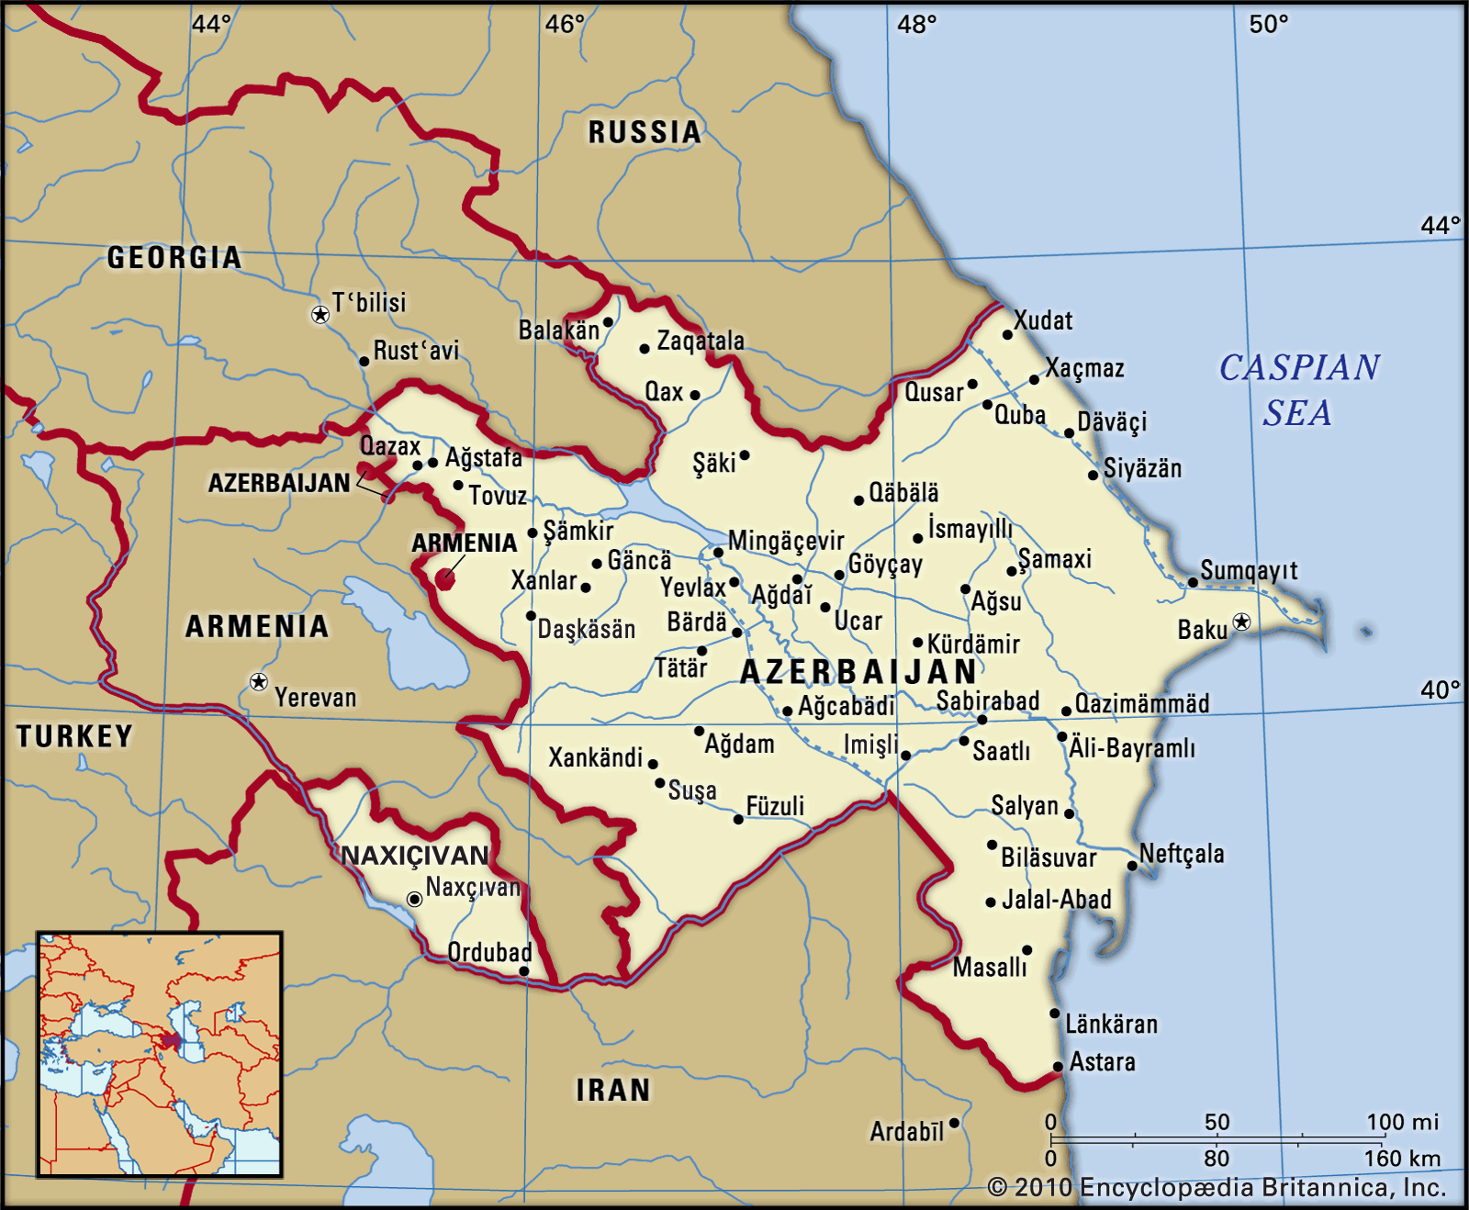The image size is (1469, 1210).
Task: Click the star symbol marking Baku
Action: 1241,622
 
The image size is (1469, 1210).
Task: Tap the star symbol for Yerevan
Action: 259,681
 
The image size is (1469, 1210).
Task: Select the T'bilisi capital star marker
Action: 320,315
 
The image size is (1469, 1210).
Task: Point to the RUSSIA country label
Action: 645,132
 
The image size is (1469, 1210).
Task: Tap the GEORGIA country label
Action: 174,258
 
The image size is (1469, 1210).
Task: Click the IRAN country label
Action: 613,1090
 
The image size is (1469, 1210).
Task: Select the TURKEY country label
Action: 74,736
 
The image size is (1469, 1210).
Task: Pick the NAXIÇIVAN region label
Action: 415,856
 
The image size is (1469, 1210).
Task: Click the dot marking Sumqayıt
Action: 1193,582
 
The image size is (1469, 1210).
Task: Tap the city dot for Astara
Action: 1058,1067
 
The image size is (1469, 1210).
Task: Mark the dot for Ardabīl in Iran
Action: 954,1123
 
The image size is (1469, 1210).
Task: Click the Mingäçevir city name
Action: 786,541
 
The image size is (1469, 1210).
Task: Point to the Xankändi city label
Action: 596,757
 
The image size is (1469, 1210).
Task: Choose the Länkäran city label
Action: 1111,1024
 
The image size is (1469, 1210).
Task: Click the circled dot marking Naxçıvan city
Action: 414,900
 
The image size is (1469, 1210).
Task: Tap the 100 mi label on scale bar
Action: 1402,1122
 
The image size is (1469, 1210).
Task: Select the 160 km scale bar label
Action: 1402,1159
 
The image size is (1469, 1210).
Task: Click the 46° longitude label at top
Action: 565,25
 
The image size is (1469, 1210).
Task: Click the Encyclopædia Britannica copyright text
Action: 1217,1188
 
